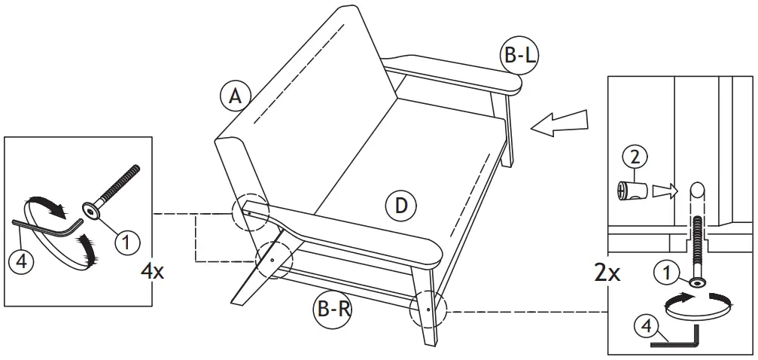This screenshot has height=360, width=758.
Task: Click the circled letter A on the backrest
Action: (x=235, y=96)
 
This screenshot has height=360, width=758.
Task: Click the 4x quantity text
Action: (x=153, y=270)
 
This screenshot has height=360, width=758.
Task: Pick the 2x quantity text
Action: (x=607, y=272)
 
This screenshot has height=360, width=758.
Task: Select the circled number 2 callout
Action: (x=635, y=158)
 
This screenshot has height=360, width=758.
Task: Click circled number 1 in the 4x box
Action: (x=126, y=242)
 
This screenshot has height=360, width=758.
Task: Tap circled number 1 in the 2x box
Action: (x=663, y=272)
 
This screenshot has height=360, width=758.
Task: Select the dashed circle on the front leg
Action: (x=427, y=309)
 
